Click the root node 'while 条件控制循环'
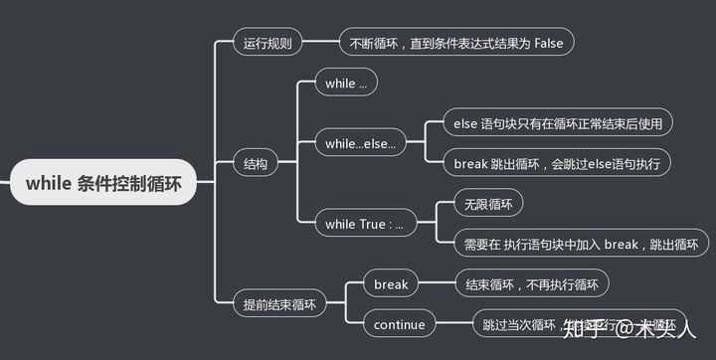pyautogui.click(x=103, y=183)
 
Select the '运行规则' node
pyautogui.click(x=268, y=43)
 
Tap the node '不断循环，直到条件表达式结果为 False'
pyautogui.click(x=456, y=43)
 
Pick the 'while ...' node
pyautogui.click(x=345, y=84)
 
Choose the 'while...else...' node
pyautogui.click(x=360, y=144)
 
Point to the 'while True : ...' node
pyautogui.click(x=364, y=224)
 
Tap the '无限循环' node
pyautogui.click(x=488, y=204)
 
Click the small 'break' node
pyautogui.click(x=391, y=284)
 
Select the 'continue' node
pyautogui.click(x=399, y=324)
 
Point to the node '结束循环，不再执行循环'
pyautogui.click(x=532, y=284)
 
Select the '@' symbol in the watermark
pyautogui.click(x=623, y=327)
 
